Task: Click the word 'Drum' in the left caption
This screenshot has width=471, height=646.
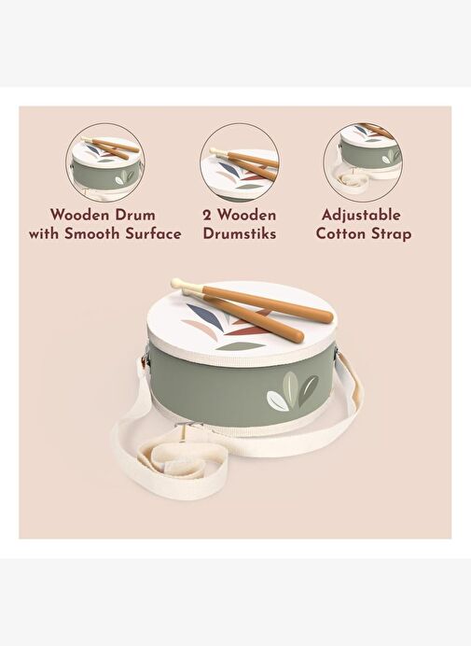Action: [x=135, y=215]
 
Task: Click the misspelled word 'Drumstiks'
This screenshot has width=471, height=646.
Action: [x=239, y=233]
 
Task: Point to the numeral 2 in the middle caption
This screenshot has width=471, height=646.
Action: [x=207, y=215]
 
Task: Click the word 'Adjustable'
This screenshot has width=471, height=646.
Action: [x=361, y=216]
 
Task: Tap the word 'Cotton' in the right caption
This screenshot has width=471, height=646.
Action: [x=341, y=233]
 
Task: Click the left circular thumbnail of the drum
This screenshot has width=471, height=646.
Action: [x=105, y=162]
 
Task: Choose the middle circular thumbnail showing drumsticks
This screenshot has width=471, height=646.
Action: [x=240, y=162]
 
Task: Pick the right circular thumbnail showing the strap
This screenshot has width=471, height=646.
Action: [x=363, y=162]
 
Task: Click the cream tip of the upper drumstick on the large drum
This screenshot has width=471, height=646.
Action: [x=179, y=284]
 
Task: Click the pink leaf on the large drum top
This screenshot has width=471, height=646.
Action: [x=200, y=327]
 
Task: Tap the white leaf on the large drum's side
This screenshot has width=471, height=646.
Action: [x=278, y=400]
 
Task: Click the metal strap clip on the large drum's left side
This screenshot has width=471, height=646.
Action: [x=145, y=360]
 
